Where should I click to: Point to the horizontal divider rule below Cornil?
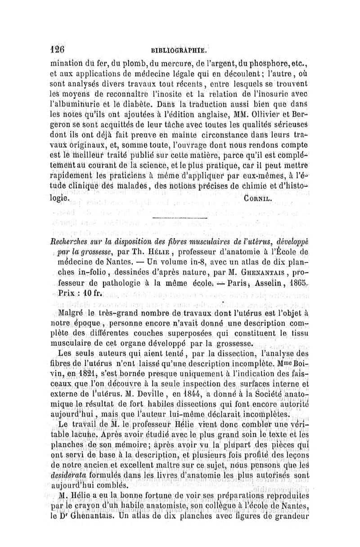click(x=180, y=218)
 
